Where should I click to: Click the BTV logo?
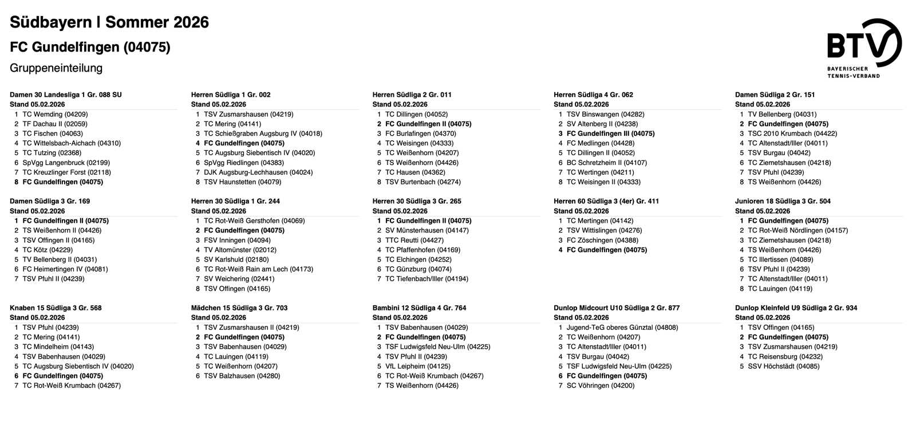[x=864, y=47]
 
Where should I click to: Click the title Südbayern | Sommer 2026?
[x=109, y=22]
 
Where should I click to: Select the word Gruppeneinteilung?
[x=56, y=68]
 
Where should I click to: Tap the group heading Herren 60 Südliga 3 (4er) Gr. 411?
[x=606, y=201]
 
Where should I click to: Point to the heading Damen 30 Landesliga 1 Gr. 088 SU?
[x=66, y=95]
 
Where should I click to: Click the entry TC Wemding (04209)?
[x=55, y=114]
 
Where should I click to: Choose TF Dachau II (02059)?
[x=55, y=124]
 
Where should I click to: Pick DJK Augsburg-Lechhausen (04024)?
[x=258, y=172]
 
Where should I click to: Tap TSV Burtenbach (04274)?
[x=423, y=182]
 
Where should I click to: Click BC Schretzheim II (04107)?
[x=606, y=163]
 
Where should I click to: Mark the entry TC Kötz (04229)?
[x=48, y=250]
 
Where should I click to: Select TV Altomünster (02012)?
[x=240, y=250]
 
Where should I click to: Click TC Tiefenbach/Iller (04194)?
[x=427, y=279]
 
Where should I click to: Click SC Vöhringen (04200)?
[x=601, y=385]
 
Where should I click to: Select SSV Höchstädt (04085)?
[x=783, y=366]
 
